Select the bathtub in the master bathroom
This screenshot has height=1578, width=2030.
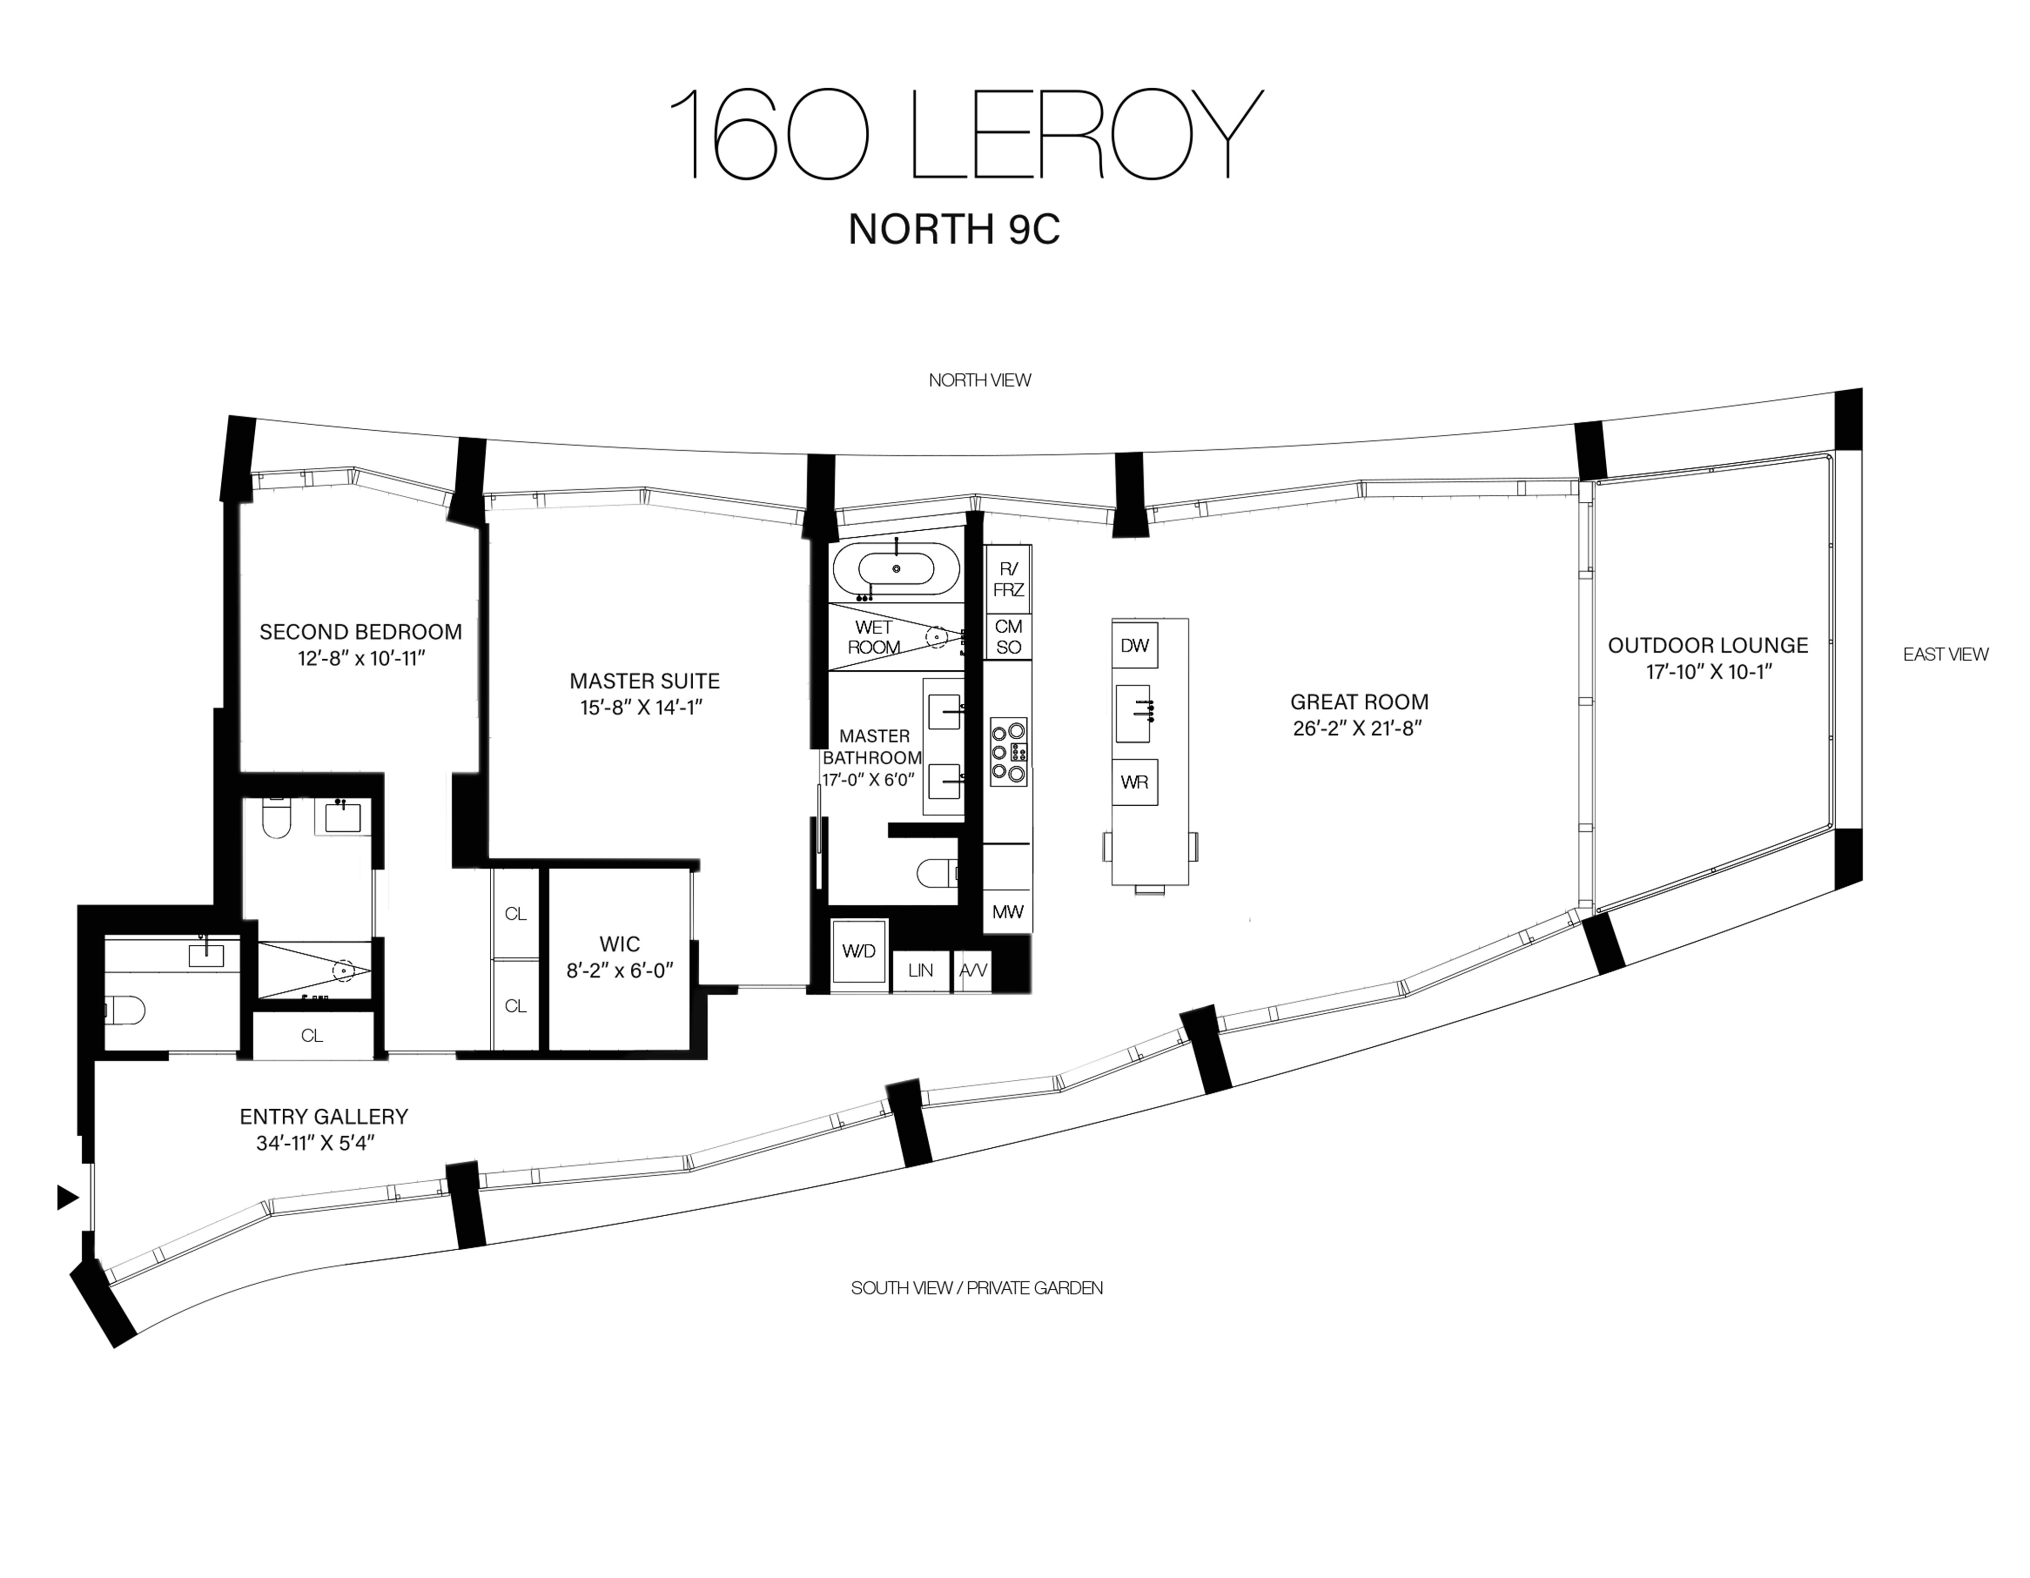tap(896, 569)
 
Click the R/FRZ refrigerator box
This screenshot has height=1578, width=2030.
tap(1007, 579)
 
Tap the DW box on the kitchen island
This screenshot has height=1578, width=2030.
tap(1134, 645)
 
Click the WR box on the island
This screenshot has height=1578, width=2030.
tap(1134, 781)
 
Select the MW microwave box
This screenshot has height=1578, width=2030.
tap(1007, 912)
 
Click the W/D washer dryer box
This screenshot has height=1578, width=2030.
tap(858, 951)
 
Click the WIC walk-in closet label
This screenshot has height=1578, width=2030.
tap(619, 944)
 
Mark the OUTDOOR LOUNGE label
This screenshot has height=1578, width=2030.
tap(1707, 645)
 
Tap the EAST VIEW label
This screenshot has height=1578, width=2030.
tap(1945, 654)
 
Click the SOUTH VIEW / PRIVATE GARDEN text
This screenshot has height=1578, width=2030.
tap(976, 1288)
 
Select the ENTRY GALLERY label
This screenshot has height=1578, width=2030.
tap(323, 1116)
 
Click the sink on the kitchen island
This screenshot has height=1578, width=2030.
tap(1134, 713)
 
